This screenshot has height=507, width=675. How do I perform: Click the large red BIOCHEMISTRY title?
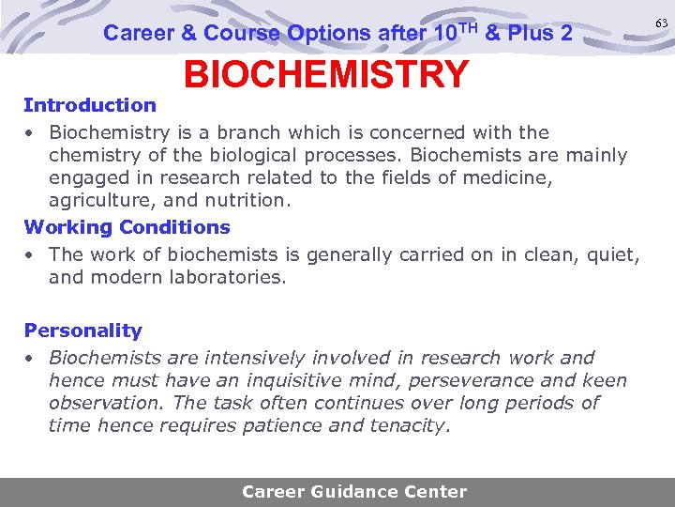[x=325, y=74]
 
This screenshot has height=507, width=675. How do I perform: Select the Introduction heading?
[x=90, y=105]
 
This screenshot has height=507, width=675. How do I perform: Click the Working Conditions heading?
[x=127, y=227]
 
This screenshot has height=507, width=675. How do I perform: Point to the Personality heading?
[x=82, y=330]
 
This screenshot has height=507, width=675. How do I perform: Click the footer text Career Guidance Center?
[x=354, y=491]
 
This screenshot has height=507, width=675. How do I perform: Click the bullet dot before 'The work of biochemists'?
[x=30, y=255]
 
